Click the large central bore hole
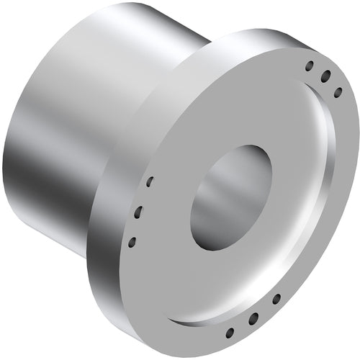(x=231, y=197)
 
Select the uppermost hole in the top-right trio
(x=310, y=66)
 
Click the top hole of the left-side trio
(x=150, y=181)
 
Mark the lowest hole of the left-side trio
(x=132, y=240)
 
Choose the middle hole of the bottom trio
(x=253, y=318)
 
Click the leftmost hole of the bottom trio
(x=230, y=332)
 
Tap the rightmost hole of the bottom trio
(x=276, y=297)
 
